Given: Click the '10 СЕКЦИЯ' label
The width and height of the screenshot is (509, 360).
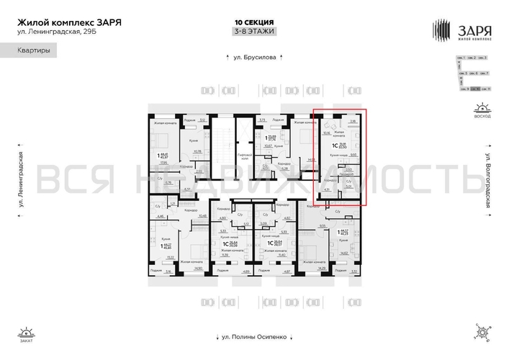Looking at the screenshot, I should [254, 22].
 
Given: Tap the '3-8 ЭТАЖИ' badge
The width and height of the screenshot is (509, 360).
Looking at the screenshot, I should [254, 31].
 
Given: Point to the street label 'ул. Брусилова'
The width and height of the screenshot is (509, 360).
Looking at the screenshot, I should [254, 58].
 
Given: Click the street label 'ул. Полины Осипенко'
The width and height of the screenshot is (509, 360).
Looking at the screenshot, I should [254, 336].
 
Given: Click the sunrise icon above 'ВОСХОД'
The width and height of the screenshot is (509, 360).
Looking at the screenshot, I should [480, 109].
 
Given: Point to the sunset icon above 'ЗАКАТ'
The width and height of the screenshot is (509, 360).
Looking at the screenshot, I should [27, 332].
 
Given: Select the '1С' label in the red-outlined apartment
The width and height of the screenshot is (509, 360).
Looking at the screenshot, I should [333, 144].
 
